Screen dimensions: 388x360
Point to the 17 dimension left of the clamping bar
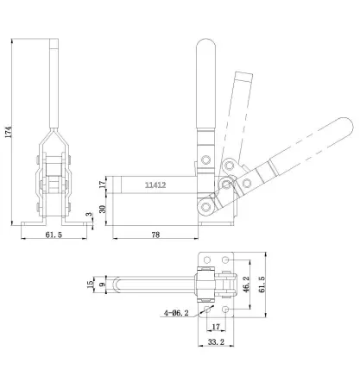click(x=103, y=185)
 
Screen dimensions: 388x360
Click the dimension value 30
click(x=103, y=209)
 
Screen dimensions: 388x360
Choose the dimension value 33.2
click(x=218, y=342)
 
